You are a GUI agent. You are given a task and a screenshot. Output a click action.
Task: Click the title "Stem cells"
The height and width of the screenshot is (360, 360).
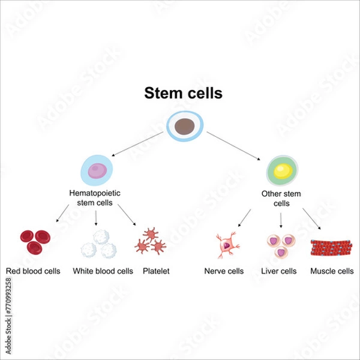tap(183, 94)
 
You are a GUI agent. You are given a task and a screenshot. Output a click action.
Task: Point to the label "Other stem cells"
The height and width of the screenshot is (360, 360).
tap(281, 198)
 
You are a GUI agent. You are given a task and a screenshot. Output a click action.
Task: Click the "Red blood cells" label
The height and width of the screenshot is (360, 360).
tap(33, 271)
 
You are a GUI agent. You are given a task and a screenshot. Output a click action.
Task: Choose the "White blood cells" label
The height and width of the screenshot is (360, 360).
tap(103, 271)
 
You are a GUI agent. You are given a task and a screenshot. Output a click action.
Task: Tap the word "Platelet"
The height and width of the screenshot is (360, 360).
tap(156, 271)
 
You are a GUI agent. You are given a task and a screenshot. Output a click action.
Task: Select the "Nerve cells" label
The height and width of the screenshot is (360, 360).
tap(224, 271)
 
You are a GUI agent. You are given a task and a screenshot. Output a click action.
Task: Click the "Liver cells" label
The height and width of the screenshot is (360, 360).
tap(279, 271)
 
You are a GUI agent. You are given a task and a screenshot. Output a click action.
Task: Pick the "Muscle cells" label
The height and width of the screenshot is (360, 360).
tap(332, 271)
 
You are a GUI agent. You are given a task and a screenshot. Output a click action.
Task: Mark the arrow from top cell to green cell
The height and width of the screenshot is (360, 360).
tap(234, 146)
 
